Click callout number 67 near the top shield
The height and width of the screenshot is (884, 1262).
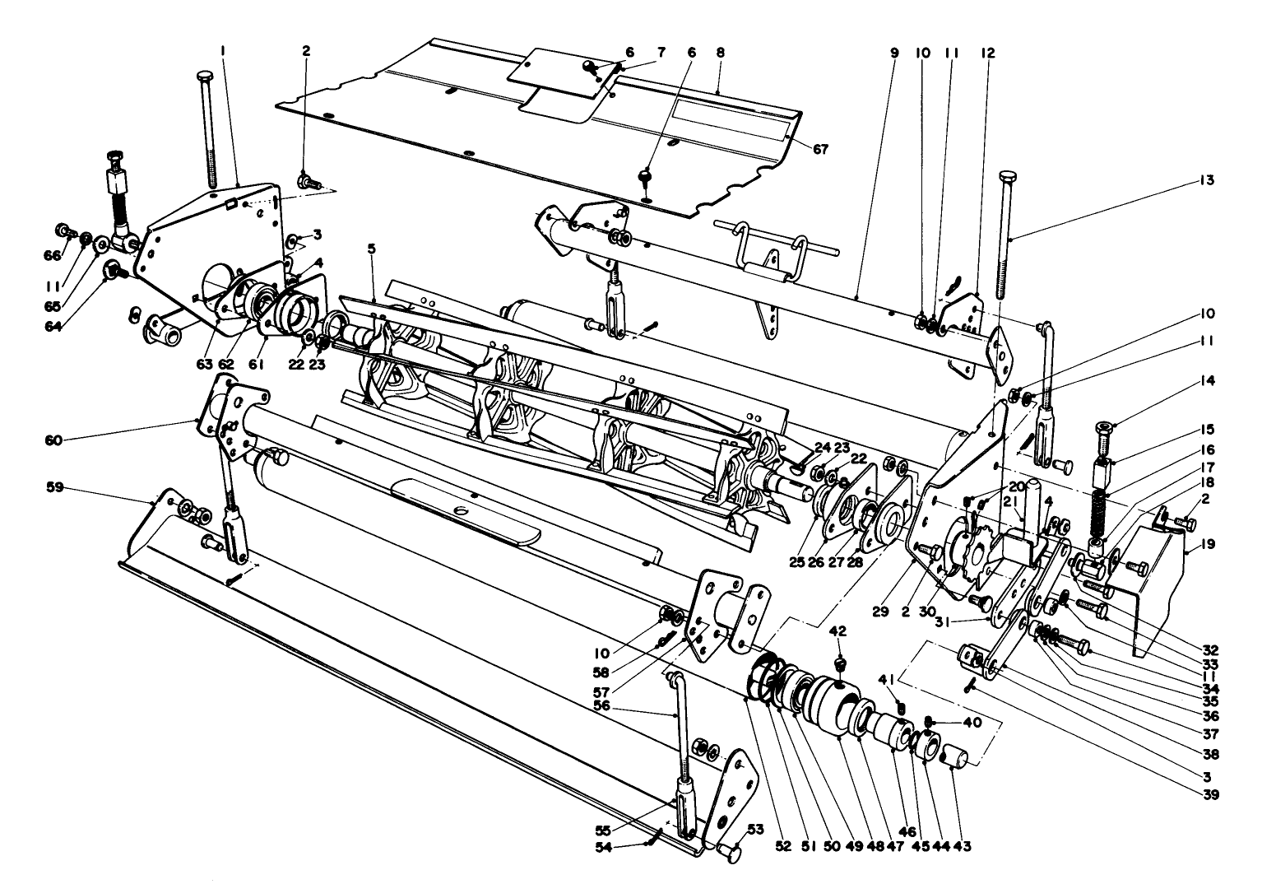(820, 149)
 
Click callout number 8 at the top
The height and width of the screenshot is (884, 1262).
(721, 52)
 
